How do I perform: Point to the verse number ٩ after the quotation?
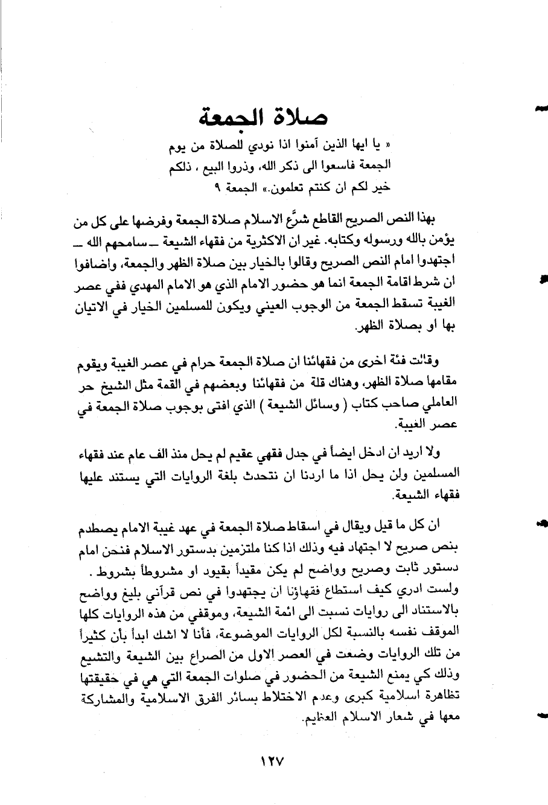point(218,187)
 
